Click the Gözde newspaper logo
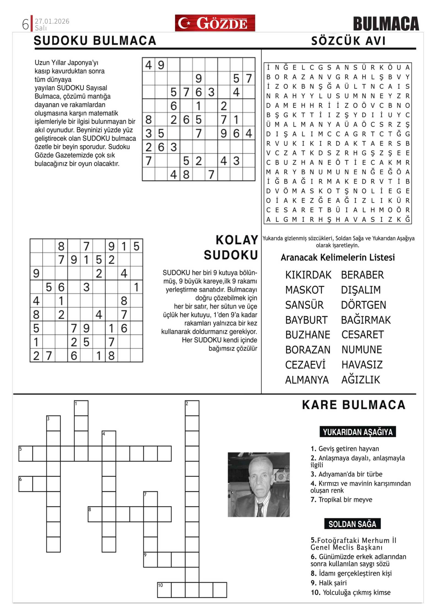(215, 23)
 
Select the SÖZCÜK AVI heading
(348, 41)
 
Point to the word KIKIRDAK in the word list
(308, 275)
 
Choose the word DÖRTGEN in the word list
(363, 305)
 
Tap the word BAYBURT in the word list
(306, 320)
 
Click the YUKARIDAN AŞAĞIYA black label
(358, 432)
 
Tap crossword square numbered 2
(192, 408)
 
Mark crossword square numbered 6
(25, 484)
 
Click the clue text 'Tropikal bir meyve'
(345, 499)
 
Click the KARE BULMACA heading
(353, 405)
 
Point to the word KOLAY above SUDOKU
(237, 240)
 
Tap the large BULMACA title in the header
(386, 24)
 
